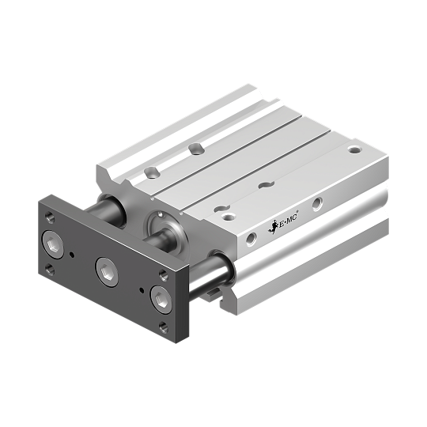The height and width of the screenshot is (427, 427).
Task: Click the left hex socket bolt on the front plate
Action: click(x=53, y=244)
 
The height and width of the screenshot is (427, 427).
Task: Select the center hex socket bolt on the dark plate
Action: click(x=107, y=271)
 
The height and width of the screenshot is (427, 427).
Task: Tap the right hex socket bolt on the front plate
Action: click(x=161, y=300)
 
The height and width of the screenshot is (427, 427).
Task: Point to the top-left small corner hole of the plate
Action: click(x=50, y=217)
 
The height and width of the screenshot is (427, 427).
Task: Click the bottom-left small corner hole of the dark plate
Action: click(x=50, y=270)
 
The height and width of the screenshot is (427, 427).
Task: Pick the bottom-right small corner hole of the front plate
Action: click(x=164, y=327)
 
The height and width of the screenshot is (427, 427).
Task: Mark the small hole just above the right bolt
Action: click(x=164, y=274)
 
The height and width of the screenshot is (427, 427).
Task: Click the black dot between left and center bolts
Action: click(x=72, y=255)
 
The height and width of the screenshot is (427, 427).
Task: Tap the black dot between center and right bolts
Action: click(x=142, y=290)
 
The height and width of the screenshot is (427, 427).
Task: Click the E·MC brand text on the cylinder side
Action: click(x=289, y=221)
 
